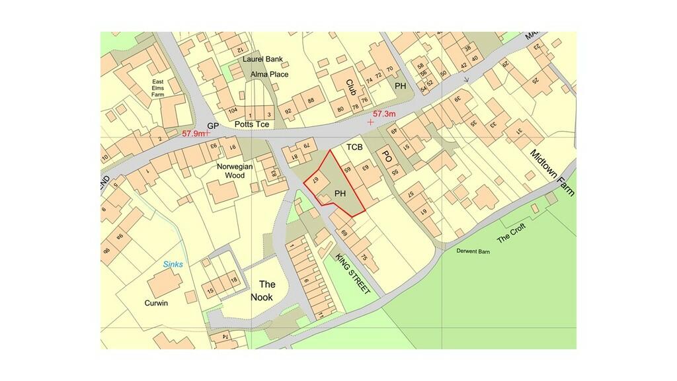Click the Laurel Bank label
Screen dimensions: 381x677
(x=262, y=59)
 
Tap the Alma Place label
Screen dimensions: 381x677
(x=269, y=74)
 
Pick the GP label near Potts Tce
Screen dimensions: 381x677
(x=212, y=125)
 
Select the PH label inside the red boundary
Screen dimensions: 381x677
(x=340, y=194)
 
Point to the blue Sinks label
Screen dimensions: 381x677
(x=173, y=265)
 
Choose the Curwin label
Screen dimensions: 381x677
(x=157, y=303)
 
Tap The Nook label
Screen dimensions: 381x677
(x=262, y=291)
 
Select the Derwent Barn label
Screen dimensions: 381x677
(x=473, y=251)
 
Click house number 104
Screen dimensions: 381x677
(x=231, y=110)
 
